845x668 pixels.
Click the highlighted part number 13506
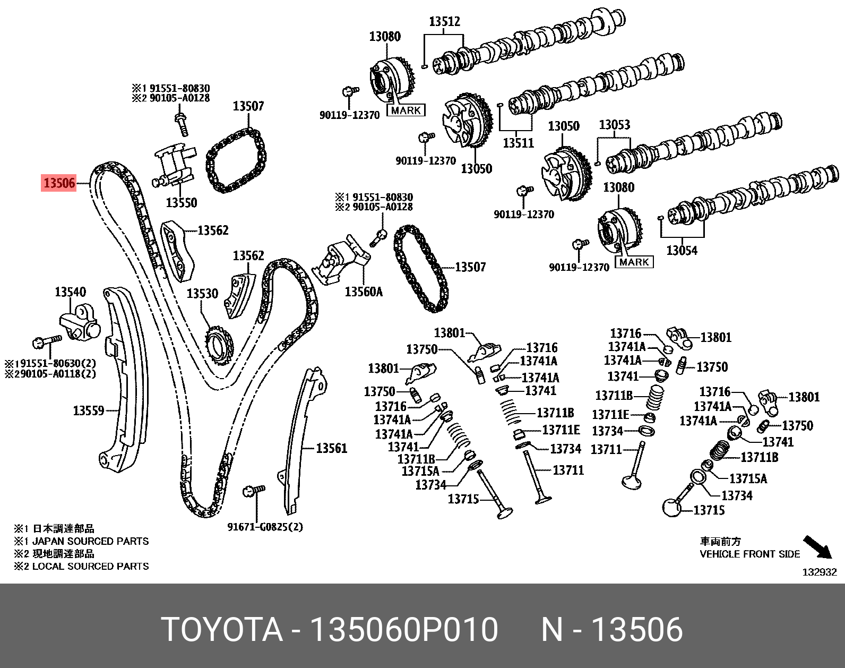pos(59,183)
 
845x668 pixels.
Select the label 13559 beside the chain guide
pos(88,410)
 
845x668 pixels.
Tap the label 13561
pos(331,449)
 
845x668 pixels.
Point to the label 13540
pos(70,292)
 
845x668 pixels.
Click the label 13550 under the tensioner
pos(181,202)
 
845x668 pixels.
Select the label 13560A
pos(364,292)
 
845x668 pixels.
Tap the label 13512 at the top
pos(444,22)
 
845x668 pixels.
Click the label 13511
pos(518,143)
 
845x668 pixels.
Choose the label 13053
pos(614,125)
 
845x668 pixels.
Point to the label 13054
pos(682,251)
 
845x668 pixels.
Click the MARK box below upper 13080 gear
pos(406,110)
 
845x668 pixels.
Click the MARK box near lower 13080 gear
pos(634,262)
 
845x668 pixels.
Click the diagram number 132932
pos(819,572)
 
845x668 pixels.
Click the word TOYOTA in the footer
pos(222,630)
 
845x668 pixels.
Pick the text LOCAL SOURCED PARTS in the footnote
pos(90,566)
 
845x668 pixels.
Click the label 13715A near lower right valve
pos(748,479)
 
